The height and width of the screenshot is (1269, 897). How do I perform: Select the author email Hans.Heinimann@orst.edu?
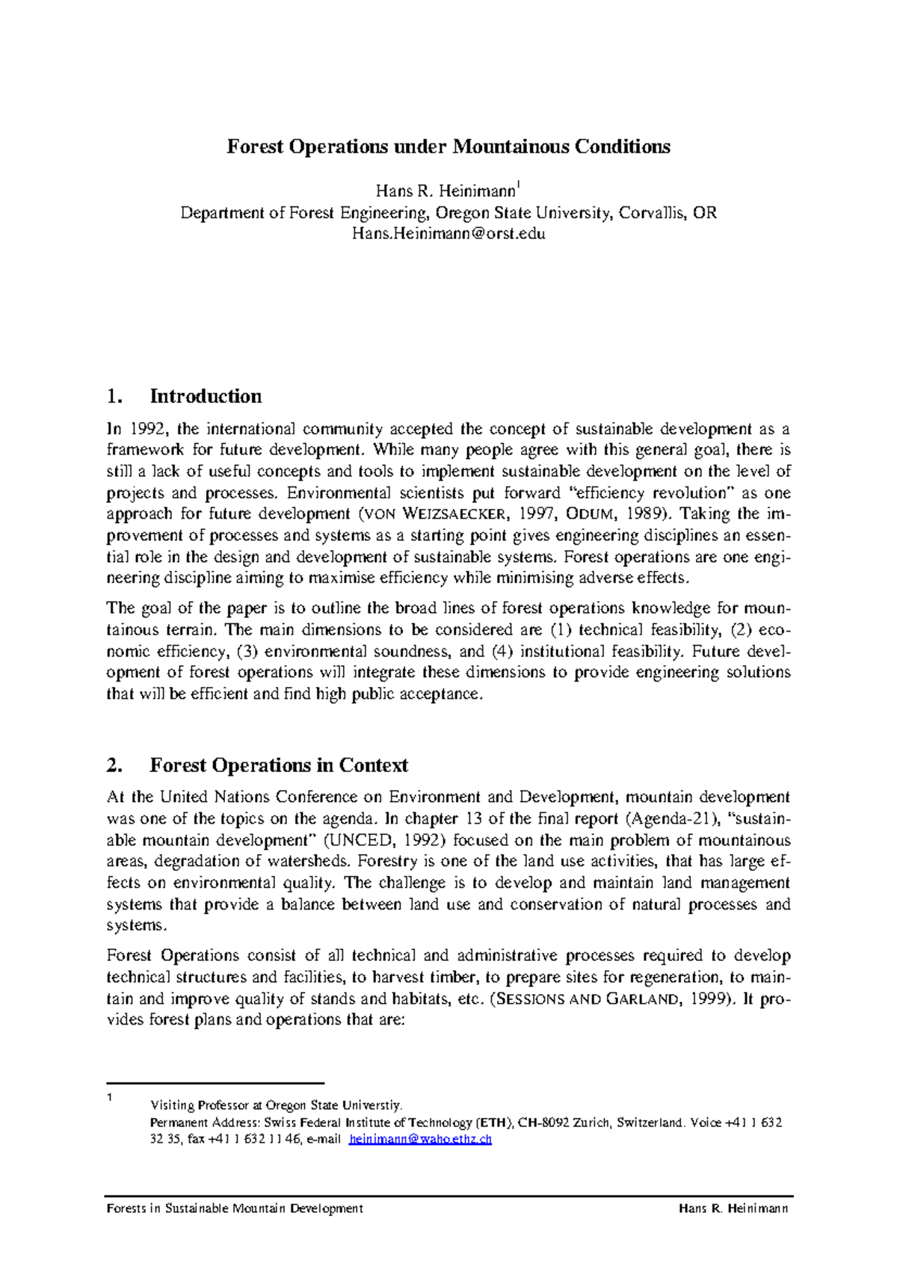pyautogui.click(x=449, y=233)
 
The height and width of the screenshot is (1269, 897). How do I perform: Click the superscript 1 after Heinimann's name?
pyautogui.click(x=520, y=184)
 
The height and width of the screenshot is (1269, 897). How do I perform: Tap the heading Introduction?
pyautogui.click(x=206, y=396)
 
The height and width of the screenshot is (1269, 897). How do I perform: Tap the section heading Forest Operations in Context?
pyautogui.click(x=279, y=765)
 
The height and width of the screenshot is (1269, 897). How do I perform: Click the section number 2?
pyautogui.click(x=114, y=765)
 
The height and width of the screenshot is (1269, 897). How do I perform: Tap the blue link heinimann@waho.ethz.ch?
pyautogui.click(x=420, y=1140)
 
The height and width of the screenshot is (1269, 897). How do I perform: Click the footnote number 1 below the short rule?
pyautogui.click(x=110, y=1097)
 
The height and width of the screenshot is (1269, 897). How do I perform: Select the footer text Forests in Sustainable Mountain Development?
pyautogui.click(x=235, y=1208)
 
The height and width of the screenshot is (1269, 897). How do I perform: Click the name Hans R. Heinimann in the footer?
pyautogui.click(x=733, y=1208)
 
